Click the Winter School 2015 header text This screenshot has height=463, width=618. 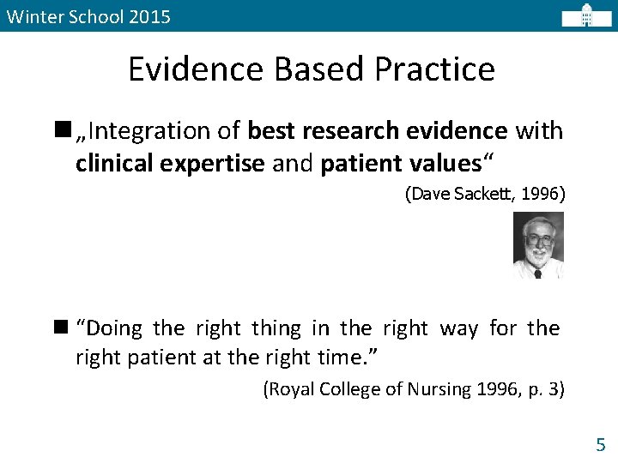pos(88,16)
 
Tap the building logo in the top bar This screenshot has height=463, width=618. pos(586,15)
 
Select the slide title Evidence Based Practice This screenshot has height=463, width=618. pos(311,69)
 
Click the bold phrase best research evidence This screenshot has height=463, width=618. pos(377,131)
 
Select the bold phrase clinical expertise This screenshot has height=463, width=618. pos(170,164)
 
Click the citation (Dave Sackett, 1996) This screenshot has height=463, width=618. pos(485,194)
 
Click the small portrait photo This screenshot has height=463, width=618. pos(538,245)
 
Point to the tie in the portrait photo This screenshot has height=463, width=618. pos(538,273)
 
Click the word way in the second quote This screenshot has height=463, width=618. pos(459,328)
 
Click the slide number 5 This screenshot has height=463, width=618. pos(600,444)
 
